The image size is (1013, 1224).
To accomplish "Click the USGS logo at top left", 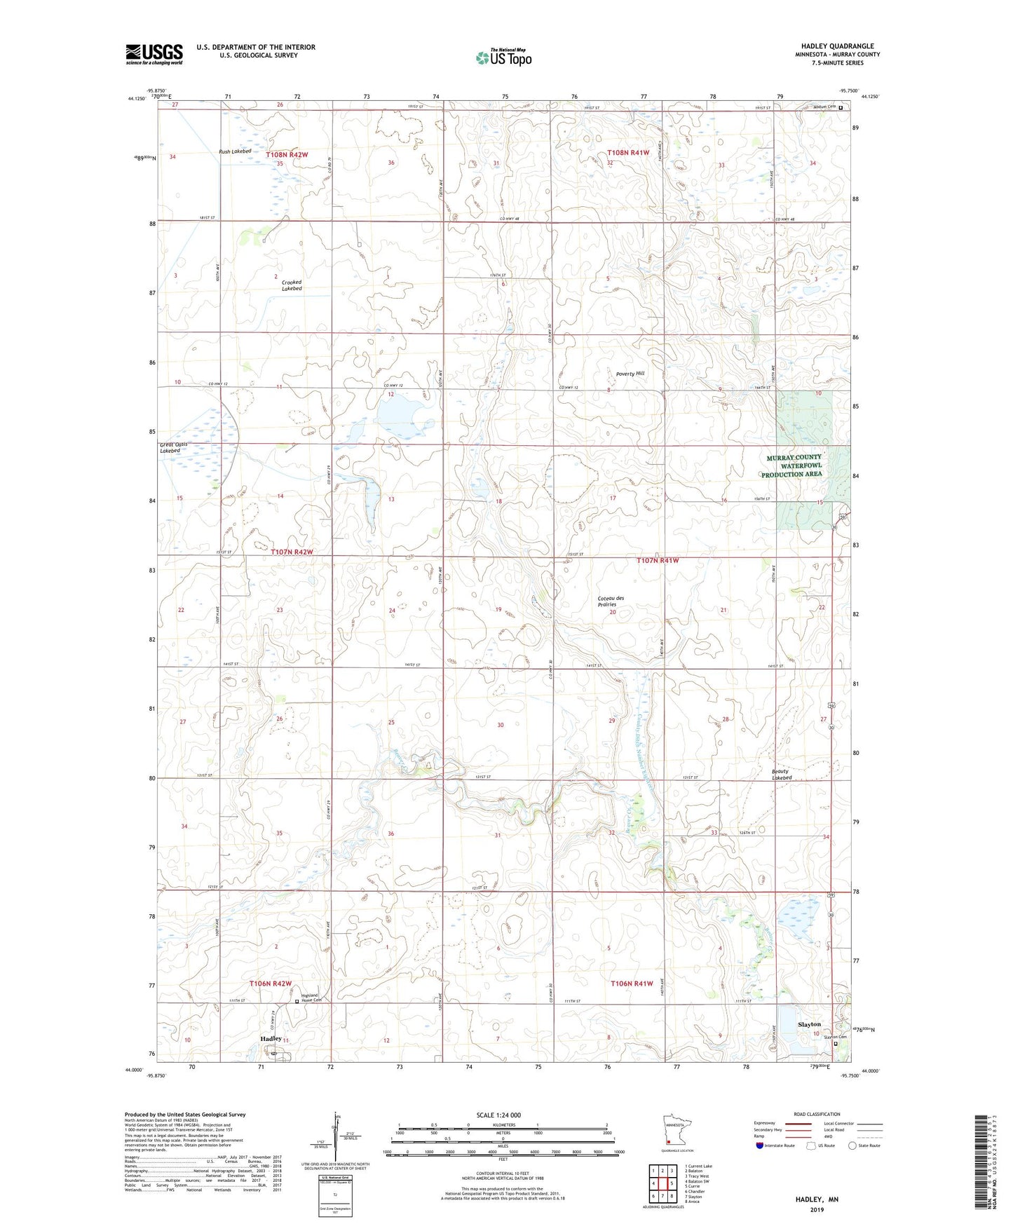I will (154, 54).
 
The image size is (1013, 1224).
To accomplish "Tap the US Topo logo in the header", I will (503, 57).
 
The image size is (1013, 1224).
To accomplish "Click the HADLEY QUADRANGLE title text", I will (837, 46).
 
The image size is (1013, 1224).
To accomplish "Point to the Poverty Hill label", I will (630, 374).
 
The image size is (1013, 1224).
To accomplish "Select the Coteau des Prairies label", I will (611, 601).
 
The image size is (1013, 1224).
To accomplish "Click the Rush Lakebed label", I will (235, 151).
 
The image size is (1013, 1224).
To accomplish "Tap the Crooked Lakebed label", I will (292, 285).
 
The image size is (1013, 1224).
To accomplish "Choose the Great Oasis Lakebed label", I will (173, 447).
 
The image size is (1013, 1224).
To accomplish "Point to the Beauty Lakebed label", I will (782, 774).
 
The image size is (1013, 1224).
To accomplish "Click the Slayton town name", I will (809, 1024).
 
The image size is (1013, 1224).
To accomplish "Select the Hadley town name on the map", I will (271, 1038).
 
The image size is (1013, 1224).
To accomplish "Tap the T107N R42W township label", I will (291, 552).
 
